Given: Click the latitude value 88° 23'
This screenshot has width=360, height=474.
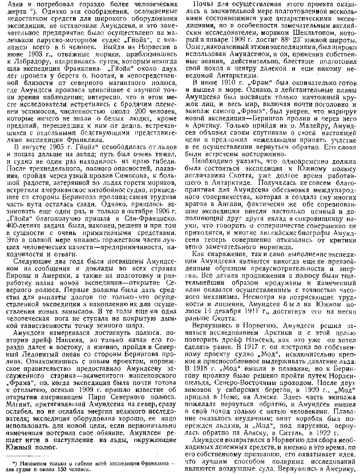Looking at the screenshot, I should point(298,38).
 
